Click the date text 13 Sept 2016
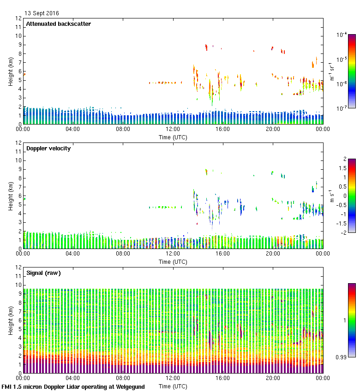[x=42, y=13]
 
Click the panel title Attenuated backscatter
[x=59, y=24]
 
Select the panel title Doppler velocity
[x=48, y=148]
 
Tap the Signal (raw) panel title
[x=43, y=273]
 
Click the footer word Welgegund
[x=129, y=387]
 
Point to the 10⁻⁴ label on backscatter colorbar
[x=342, y=35]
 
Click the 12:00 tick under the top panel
[x=173, y=129]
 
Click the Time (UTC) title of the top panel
[x=173, y=137]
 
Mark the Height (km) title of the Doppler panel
[x=11, y=196]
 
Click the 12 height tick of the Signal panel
[x=19, y=267]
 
